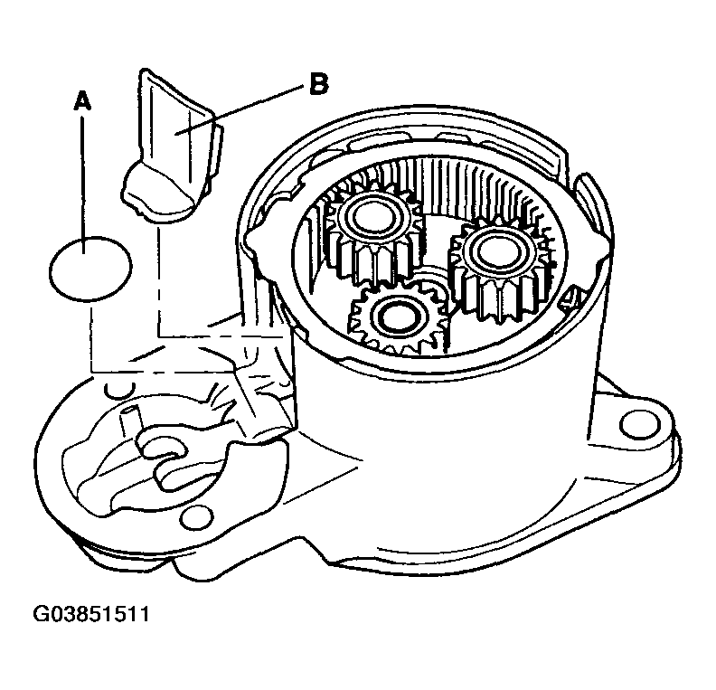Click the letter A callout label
(82, 101)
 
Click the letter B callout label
(318, 84)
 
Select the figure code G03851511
(91, 614)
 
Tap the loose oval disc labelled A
(90, 269)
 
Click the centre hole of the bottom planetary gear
(396, 317)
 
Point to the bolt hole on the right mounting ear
(639, 425)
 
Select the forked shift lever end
(165, 457)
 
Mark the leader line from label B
(238, 109)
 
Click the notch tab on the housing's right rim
(591, 201)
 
